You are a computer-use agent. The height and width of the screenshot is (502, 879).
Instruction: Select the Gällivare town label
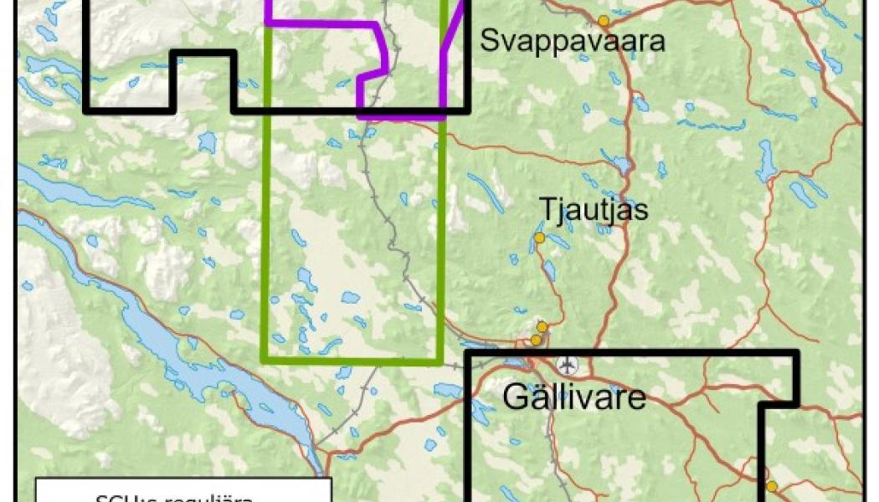[574, 397]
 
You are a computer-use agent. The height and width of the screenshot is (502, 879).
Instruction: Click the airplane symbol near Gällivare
[568, 365]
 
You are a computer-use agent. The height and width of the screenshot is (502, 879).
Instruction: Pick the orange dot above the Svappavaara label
[603, 20]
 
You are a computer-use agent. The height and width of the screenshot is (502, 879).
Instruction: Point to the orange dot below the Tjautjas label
[539, 238]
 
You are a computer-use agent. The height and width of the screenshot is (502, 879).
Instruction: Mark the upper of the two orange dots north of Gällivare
[542, 326]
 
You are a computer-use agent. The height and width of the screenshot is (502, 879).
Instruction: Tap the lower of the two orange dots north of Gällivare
[536, 339]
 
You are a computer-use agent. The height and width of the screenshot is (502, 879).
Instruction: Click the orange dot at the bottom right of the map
[771, 485]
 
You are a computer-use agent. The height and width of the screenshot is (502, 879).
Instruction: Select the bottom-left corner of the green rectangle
[265, 361]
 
